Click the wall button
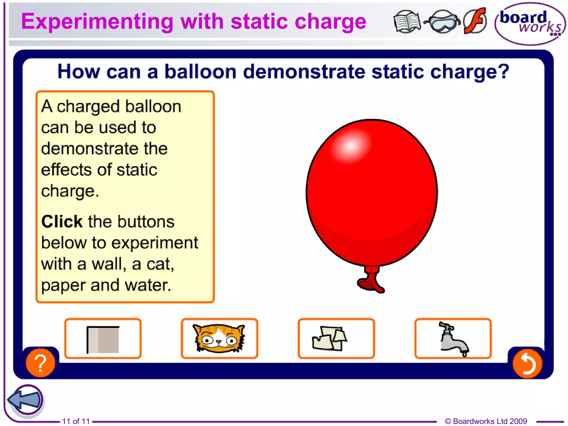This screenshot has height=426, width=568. pyautogui.click(x=103, y=339)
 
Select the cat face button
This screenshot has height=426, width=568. pyautogui.click(x=219, y=339)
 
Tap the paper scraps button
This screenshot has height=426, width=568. pyautogui.click(x=336, y=339)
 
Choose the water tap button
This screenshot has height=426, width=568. pyautogui.click(x=453, y=339)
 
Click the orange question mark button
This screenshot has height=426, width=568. pyautogui.click(x=40, y=363)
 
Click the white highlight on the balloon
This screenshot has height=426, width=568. pyautogui.click(x=351, y=146)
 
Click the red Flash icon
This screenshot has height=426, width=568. pyautogui.click(x=475, y=21)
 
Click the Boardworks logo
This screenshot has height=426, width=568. pyautogui.click(x=530, y=24)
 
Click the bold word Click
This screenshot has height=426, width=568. pyautogui.click(x=62, y=222)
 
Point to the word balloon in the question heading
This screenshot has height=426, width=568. pyautogui.click(x=200, y=72)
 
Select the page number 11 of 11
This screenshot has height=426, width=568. pyautogui.click(x=76, y=421)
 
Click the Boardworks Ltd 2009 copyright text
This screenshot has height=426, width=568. pyautogui.click(x=486, y=421)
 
